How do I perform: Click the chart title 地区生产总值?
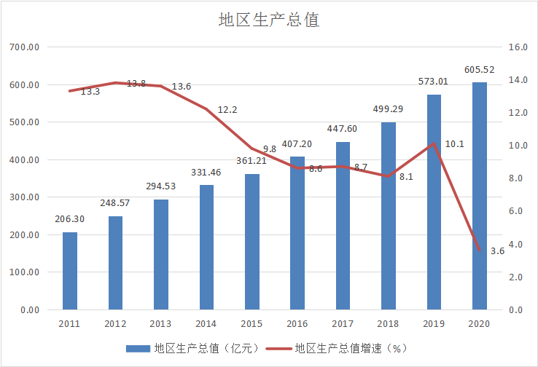269,20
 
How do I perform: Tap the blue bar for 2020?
480,197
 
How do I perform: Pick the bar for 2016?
297,233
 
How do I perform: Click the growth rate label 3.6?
497,251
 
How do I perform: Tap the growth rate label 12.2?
227,110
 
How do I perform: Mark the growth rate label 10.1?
454,144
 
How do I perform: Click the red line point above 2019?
434,143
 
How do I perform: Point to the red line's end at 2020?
480,251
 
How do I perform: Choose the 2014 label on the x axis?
206,324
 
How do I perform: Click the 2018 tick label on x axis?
389,324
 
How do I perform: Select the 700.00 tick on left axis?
25,47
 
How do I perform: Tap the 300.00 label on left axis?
25,197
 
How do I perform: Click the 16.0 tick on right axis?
518,47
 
